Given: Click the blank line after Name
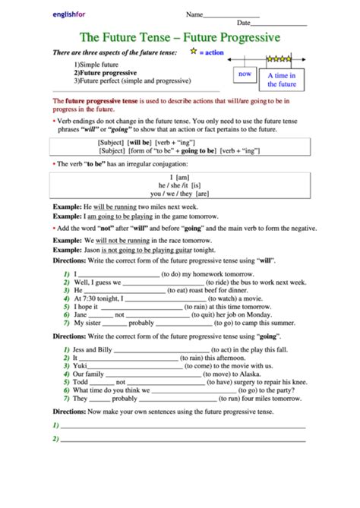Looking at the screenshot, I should tap(232, 16).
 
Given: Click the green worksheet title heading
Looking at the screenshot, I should tap(180, 36).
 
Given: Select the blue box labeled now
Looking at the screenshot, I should tap(245, 74).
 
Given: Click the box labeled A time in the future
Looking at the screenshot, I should tap(282, 80).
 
